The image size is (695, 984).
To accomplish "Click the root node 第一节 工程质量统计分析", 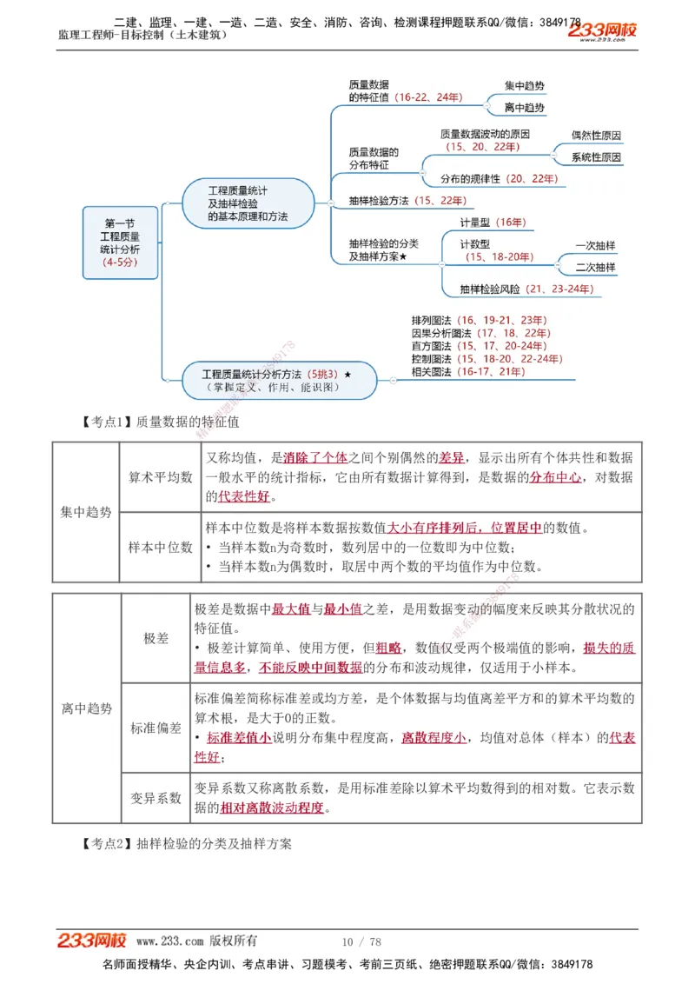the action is (x=120, y=243).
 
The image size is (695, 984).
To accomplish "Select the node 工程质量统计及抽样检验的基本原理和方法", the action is (x=248, y=203).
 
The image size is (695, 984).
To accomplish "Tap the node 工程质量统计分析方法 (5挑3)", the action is (x=278, y=379).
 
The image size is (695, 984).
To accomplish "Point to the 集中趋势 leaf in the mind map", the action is (x=525, y=86).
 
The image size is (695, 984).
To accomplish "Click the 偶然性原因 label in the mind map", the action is (x=596, y=136).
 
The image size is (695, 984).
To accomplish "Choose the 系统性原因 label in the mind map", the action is (x=596, y=157).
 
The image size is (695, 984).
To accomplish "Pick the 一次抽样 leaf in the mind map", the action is (x=595, y=246).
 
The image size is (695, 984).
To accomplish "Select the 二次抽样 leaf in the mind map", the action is (x=595, y=268).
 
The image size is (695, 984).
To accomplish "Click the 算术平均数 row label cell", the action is (x=161, y=477).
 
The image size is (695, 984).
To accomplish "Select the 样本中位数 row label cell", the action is (x=161, y=548).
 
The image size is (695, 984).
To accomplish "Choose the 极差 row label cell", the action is (x=156, y=638).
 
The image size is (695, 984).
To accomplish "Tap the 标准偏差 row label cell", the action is (x=156, y=728).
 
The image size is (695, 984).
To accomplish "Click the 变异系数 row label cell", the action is (x=156, y=797).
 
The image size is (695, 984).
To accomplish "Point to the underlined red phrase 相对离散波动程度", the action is (x=272, y=808).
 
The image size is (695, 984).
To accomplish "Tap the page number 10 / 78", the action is (x=361, y=941).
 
